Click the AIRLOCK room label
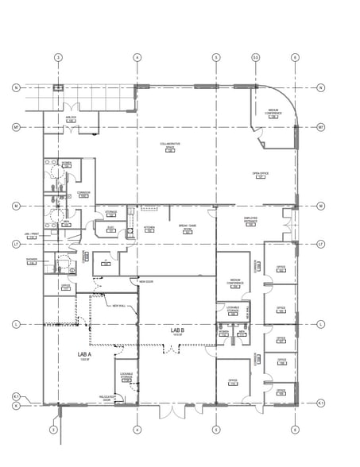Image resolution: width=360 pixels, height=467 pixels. click(x=70, y=118)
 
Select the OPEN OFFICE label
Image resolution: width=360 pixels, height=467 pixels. click(x=259, y=174)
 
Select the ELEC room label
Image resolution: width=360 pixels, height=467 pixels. click(x=111, y=229)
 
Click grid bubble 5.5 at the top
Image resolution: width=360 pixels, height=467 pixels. click(x=255, y=57)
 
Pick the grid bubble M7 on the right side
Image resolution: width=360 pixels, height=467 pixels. click(x=320, y=126)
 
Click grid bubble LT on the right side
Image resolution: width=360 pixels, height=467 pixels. click(x=320, y=243)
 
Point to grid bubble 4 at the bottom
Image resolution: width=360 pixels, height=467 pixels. click(x=137, y=430)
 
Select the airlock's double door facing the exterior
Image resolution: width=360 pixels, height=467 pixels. click(x=70, y=106)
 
